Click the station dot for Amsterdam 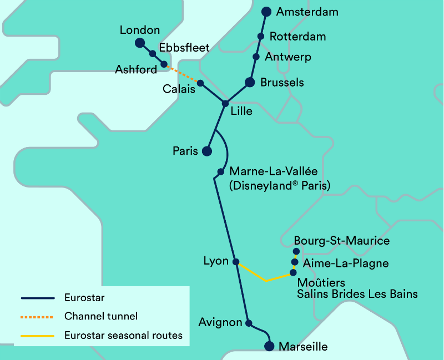point(266,12)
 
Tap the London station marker point(140,43)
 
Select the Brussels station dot point(250,83)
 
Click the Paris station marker point(206,151)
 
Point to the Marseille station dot point(269,347)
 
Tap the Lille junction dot point(225,104)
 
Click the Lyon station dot point(235,262)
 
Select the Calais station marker point(200,83)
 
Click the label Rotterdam point(297,37)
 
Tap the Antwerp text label point(288,57)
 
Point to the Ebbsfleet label point(184,48)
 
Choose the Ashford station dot point(164,64)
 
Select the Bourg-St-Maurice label point(341,241)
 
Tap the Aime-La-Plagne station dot point(295,262)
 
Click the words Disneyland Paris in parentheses point(280,186)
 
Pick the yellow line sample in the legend point(38,335)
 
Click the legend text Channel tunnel point(101,317)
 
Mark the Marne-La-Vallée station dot point(220,171)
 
